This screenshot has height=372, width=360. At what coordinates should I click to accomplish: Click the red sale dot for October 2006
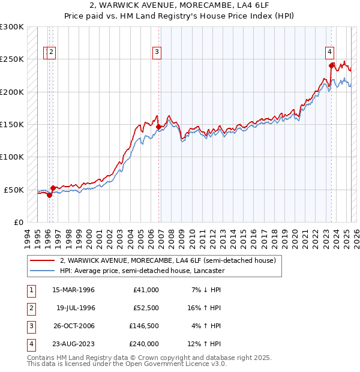158,127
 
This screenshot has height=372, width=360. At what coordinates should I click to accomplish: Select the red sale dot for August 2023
331,65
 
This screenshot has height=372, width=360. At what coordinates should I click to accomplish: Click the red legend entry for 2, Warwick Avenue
167,260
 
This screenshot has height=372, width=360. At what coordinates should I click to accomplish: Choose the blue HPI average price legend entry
142,271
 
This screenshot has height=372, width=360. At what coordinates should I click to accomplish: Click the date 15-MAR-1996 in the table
73,290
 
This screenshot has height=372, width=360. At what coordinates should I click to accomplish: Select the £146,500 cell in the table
145,326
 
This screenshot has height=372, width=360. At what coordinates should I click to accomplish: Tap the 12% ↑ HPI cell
205,344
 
